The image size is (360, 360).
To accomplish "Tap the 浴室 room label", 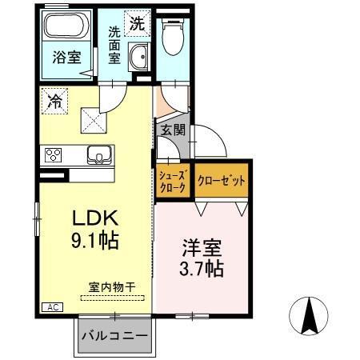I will [65, 58].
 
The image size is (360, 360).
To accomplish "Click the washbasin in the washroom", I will [138, 58].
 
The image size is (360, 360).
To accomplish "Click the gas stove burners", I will [54, 154].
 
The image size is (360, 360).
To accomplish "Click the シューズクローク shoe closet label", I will [172, 181].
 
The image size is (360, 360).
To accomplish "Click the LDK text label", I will [96, 217].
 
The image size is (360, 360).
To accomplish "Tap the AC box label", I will [51, 306].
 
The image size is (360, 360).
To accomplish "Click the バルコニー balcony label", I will [114, 338].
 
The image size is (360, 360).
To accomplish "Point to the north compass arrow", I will [310, 315].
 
